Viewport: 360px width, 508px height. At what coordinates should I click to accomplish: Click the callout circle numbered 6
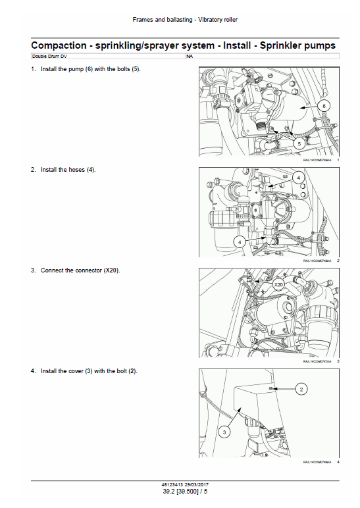[324, 106]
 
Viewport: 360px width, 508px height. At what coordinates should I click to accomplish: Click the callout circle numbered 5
[299, 142]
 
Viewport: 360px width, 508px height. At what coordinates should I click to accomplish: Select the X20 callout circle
[278, 285]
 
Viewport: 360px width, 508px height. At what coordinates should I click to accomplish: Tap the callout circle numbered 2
[301, 390]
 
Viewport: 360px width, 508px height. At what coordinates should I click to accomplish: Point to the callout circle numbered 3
[224, 432]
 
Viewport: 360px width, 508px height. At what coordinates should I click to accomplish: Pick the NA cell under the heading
[189, 57]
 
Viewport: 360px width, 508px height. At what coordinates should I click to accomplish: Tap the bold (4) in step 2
[90, 170]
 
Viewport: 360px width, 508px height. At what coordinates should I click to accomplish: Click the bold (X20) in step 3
[111, 270]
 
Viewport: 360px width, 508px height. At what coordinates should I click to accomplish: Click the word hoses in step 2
[76, 170]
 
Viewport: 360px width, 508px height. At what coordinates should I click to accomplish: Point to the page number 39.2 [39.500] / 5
[180, 491]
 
